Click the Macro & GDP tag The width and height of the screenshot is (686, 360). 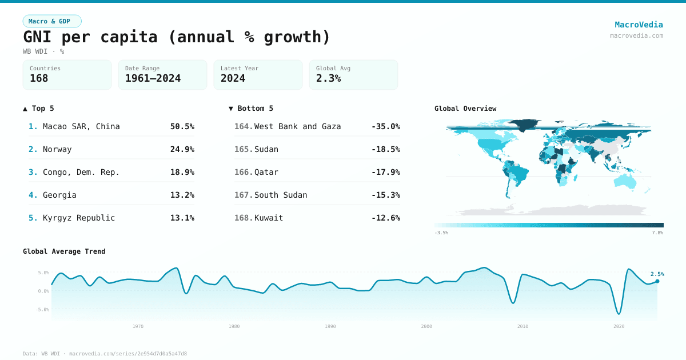coord(52,21)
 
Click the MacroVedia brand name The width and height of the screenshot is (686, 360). coord(639,25)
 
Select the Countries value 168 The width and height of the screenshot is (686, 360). coord(39,78)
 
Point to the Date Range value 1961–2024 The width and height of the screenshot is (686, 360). coord(153,78)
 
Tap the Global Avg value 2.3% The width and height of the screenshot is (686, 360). coord(328,78)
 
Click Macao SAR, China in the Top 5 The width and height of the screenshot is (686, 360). coord(81,126)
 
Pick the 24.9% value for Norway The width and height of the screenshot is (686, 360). coord(182,149)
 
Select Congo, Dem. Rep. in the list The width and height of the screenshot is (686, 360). coord(81,172)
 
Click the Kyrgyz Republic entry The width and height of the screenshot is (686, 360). coord(79,218)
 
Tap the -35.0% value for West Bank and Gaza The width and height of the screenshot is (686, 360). coord(385,126)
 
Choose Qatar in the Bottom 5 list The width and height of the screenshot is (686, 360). coord(266,172)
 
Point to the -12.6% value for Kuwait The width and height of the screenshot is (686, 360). coord(385,218)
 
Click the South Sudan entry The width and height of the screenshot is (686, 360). coord(281,195)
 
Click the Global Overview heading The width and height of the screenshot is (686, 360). coord(465,109)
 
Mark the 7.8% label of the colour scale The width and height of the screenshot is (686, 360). coord(657,233)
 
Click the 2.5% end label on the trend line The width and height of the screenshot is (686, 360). coord(657,274)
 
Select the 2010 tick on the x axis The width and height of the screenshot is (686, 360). coord(523,326)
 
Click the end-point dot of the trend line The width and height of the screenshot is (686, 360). coord(657,281)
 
